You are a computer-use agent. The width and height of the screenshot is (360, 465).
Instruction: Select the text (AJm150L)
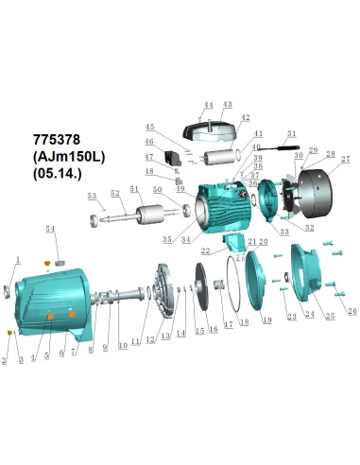69,155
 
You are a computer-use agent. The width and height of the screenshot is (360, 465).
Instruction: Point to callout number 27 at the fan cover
345,159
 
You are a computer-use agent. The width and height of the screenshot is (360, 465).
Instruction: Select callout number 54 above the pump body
51,230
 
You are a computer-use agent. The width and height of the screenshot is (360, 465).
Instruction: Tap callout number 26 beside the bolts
352,311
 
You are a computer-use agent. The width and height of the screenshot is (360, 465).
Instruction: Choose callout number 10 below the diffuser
122,346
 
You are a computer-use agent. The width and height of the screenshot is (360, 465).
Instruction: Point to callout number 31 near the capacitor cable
291,133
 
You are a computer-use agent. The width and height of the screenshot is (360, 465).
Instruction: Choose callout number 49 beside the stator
180,189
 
